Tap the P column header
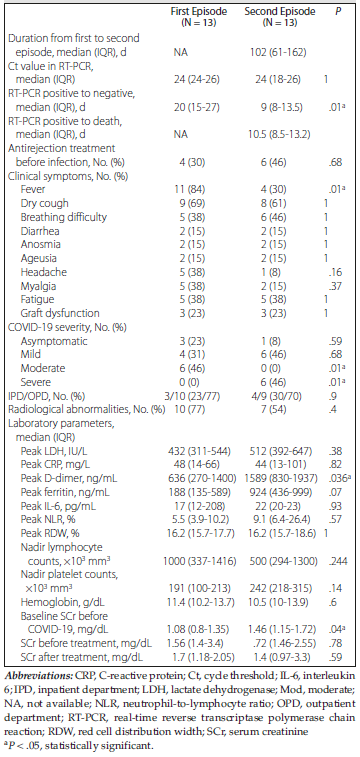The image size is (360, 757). click(337, 11)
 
